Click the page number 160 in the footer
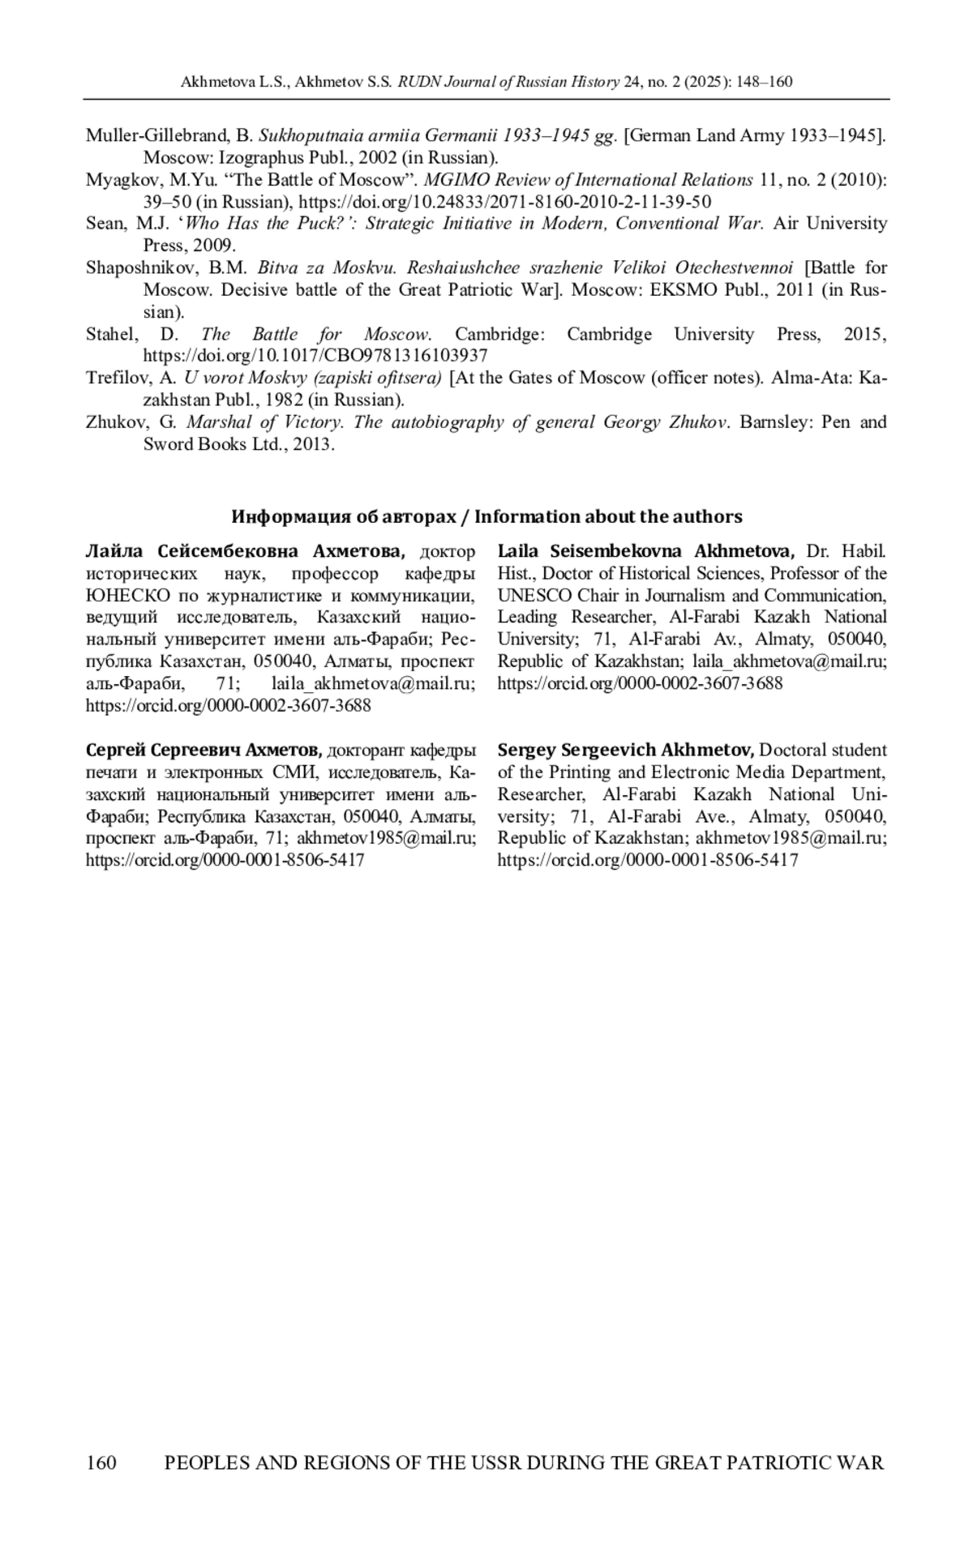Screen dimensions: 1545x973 tap(101, 1462)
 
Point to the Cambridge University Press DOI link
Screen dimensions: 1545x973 tap(315, 355)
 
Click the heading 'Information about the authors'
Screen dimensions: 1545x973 tap(608, 516)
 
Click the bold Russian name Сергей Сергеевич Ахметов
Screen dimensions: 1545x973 tap(204, 750)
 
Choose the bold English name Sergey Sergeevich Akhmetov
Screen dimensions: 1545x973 tap(627, 750)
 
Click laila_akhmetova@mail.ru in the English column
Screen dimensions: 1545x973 tap(789, 661)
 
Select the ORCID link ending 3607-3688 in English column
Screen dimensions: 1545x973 tap(640, 683)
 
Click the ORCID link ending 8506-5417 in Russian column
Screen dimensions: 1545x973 tap(225, 859)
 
